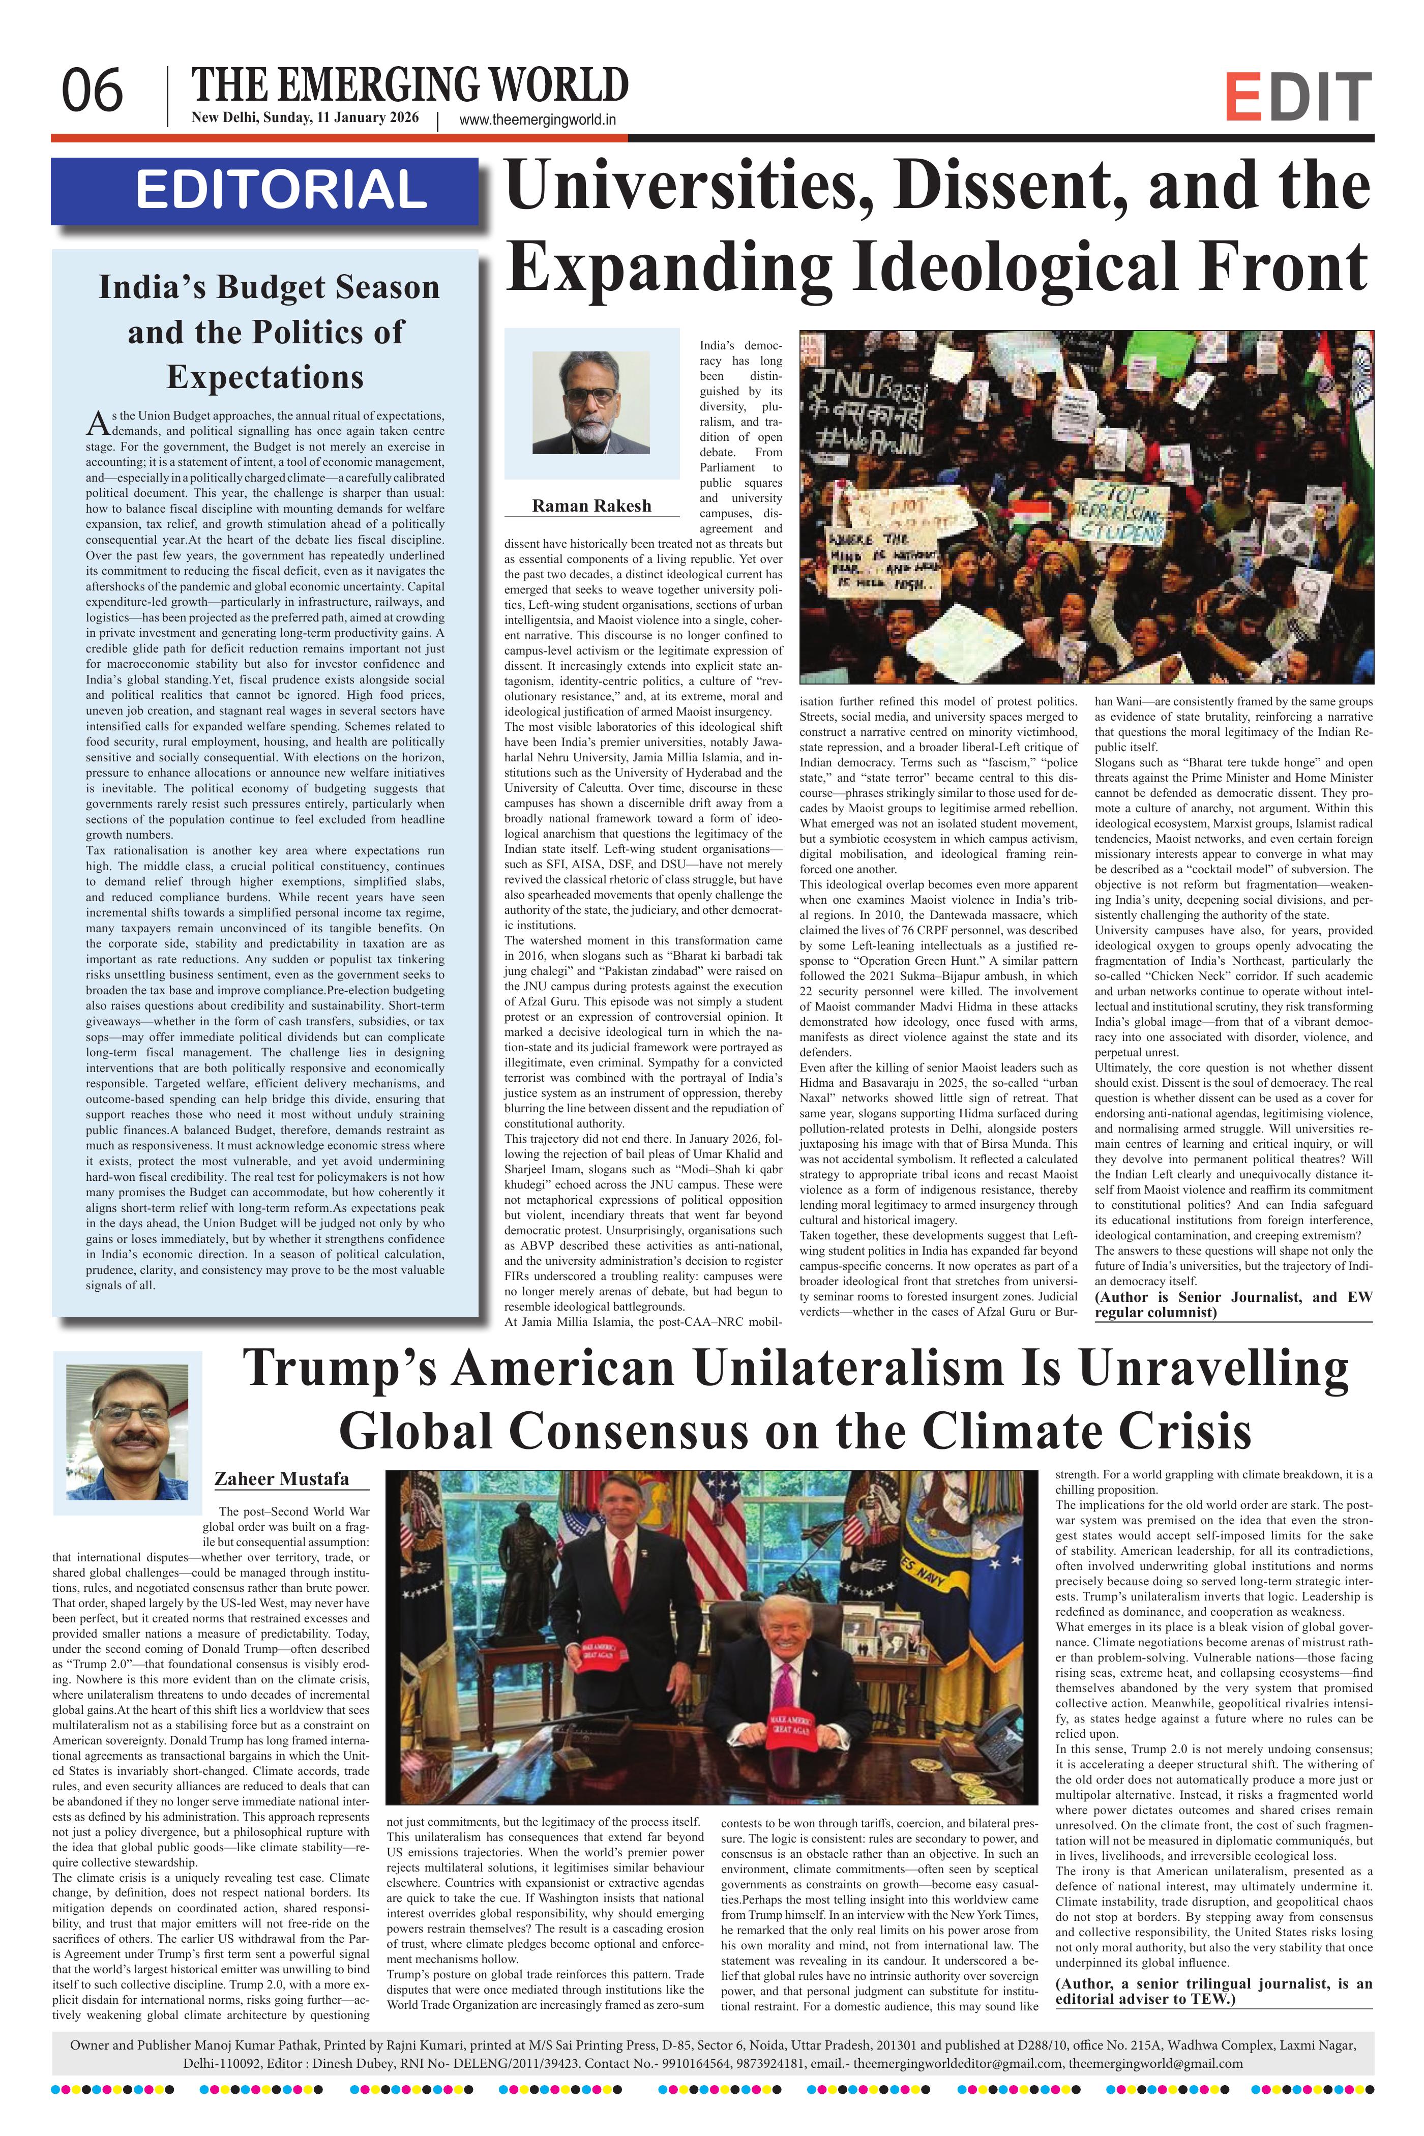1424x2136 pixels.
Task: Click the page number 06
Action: (x=92, y=92)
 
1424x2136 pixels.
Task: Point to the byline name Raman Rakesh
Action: (x=591, y=506)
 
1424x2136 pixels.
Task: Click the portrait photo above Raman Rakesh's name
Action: (x=591, y=402)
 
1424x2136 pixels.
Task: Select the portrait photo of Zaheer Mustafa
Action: (x=127, y=1434)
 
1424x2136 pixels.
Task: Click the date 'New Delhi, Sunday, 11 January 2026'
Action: (x=304, y=118)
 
